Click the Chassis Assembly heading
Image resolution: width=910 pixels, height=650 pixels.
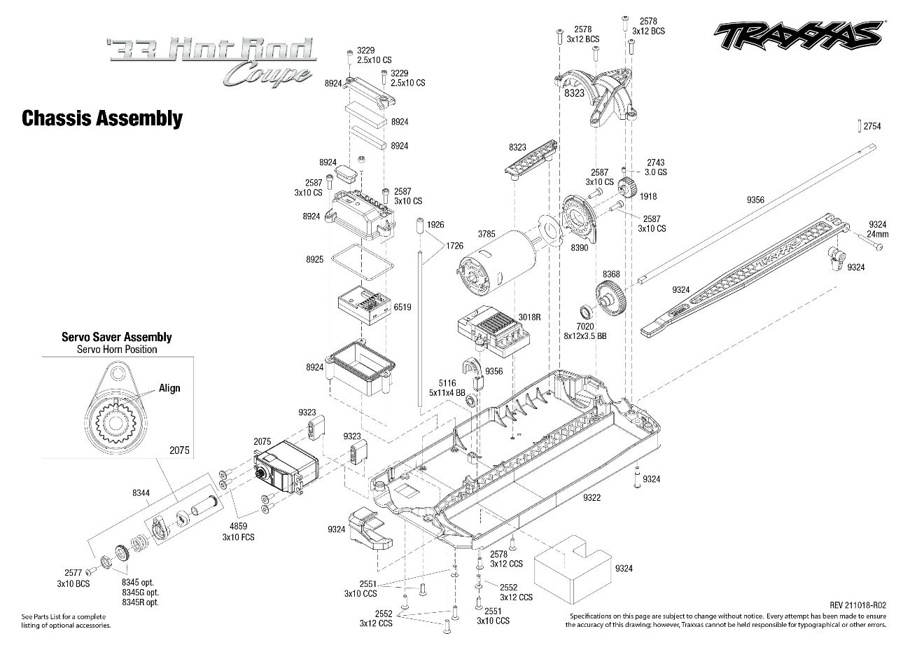(102, 118)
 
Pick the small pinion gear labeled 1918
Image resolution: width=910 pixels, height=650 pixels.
(627, 188)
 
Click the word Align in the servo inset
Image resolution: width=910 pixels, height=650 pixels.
(169, 388)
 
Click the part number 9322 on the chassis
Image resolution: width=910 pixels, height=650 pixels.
(591, 497)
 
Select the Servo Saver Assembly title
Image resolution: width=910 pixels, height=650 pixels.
(116, 337)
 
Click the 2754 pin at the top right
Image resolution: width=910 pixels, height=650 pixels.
(859, 126)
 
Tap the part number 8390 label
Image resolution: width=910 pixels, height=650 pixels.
(579, 248)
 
